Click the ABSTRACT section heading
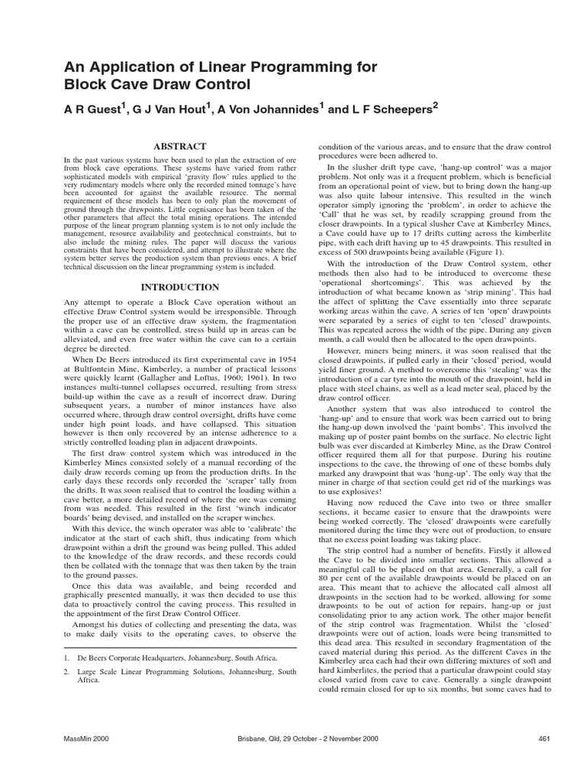182,145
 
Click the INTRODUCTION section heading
182,288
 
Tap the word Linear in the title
197,66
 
